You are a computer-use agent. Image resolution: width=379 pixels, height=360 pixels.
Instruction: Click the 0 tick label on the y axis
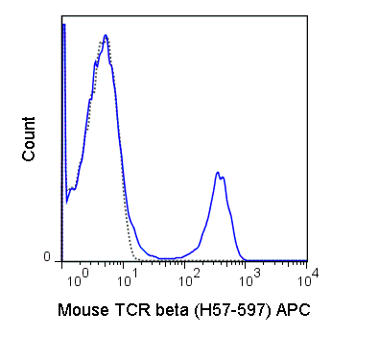coord(46,257)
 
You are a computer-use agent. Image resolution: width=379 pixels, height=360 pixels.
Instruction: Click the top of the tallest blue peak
coord(106,36)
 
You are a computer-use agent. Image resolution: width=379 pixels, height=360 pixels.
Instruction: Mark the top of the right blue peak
coord(219,173)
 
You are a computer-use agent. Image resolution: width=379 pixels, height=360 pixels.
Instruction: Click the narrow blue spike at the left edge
coord(63,29)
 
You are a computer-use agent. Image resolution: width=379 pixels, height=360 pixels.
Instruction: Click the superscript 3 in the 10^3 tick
coord(251,273)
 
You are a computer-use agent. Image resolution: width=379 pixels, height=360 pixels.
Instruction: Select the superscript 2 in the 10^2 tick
coord(196,273)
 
